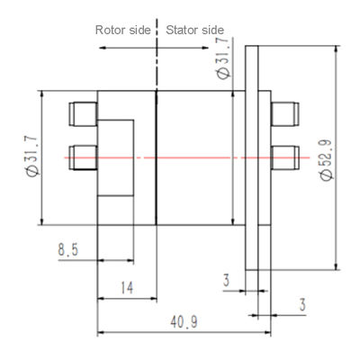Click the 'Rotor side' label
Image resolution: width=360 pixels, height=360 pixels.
click(x=123, y=30)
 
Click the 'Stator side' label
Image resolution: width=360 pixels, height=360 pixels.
click(x=193, y=30)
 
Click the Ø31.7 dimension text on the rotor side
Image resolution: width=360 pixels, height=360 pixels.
click(x=32, y=157)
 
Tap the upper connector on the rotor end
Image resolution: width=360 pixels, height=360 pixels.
click(x=83, y=113)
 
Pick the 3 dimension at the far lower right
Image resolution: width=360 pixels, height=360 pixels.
click(x=302, y=305)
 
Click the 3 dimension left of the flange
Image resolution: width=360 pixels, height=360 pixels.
click(x=226, y=281)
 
